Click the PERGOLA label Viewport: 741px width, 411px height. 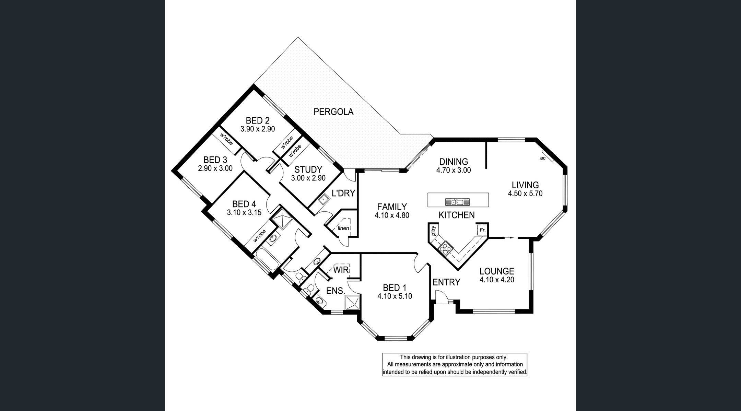click(333, 112)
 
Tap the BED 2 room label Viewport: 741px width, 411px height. click(258, 120)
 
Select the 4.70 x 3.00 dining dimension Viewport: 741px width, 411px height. click(454, 170)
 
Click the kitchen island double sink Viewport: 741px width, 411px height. click(457, 202)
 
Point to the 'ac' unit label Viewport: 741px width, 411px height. click(542, 158)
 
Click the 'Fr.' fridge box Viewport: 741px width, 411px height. click(482, 230)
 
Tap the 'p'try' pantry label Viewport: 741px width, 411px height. click(433, 230)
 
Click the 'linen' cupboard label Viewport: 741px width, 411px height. click(343, 228)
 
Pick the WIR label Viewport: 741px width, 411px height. click(341, 270)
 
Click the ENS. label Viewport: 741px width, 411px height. click(336, 291)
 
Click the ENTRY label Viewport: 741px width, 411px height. click(446, 282)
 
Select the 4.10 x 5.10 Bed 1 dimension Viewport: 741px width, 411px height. click(395, 296)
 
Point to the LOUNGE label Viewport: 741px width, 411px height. click(497, 271)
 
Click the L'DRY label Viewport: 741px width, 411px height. click(343, 193)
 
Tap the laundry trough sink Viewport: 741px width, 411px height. click(323, 199)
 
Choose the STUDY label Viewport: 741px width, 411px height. click(308, 169)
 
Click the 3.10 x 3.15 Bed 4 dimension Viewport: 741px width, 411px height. click(244, 213)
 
